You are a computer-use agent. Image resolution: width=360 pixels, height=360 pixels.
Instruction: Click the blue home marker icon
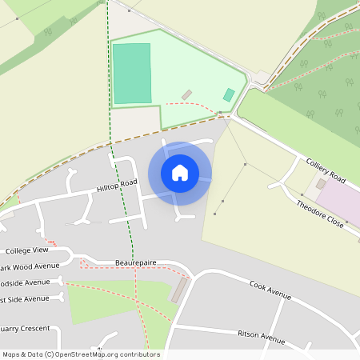pyautogui.click(x=180, y=173)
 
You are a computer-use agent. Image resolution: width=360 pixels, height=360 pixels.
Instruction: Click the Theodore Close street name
pyautogui.click(x=320, y=214)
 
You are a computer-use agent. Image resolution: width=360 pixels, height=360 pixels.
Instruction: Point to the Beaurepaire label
pyautogui.click(x=135, y=262)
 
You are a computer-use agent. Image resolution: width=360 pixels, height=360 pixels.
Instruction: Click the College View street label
pyautogui.click(x=28, y=250)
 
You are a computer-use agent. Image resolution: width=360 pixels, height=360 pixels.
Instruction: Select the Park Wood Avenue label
pyautogui.click(x=30, y=266)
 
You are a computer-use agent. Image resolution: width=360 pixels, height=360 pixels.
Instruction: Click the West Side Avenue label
pyautogui.click(x=25, y=299)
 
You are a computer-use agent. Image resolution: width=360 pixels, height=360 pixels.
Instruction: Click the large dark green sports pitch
pyautogui.click(x=132, y=74)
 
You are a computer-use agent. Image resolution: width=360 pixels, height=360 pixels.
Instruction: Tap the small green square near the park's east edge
pyautogui.click(x=229, y=94)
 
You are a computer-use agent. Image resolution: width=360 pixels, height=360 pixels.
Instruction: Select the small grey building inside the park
pyautogui.click(x=186, y=95)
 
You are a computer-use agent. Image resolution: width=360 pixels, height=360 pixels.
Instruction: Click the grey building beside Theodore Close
pyautogui.click(x=321, y=184)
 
